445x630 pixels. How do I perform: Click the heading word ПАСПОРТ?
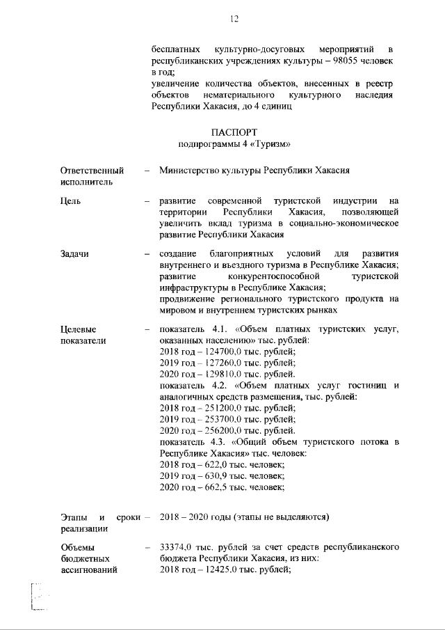234,132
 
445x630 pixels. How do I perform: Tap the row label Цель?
71,201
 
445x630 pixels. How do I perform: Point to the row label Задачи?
75,254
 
